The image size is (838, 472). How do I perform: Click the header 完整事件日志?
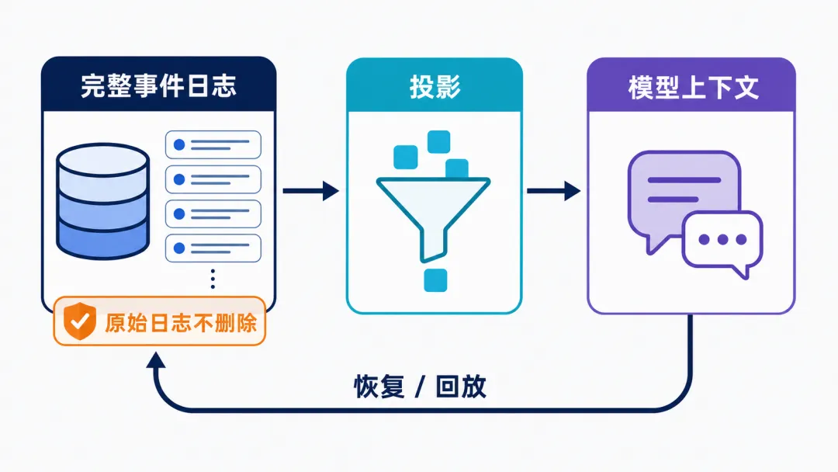click(x=159, y=86)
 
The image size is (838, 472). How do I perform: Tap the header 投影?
click(x=435, y=86)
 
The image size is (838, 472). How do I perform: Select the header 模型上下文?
click(x=693, y=87)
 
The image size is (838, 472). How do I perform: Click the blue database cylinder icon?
click(x=102, y=201)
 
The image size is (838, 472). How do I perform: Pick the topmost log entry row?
click(x=213, y=145)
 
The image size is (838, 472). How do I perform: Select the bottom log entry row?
click(x=213, y=248)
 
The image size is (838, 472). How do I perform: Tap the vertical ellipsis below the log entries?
click(x=213, y=279)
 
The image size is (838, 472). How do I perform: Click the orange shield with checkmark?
click(x=80, y=321)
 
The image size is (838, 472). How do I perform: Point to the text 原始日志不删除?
click(x=181, y=323)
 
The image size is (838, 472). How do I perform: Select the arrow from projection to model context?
click(x=554, y=191)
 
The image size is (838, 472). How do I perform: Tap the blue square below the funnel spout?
click(x=435, y=280)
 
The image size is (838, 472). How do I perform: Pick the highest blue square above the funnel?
click(x=438, y=141)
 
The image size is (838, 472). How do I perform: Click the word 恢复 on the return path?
click(x=379, y=387)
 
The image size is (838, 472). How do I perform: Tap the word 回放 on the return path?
click(x=461, y=387)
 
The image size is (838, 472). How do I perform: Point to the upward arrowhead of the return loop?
click(x=155, y=359)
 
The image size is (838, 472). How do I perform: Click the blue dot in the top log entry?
click(x=179, y=145)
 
